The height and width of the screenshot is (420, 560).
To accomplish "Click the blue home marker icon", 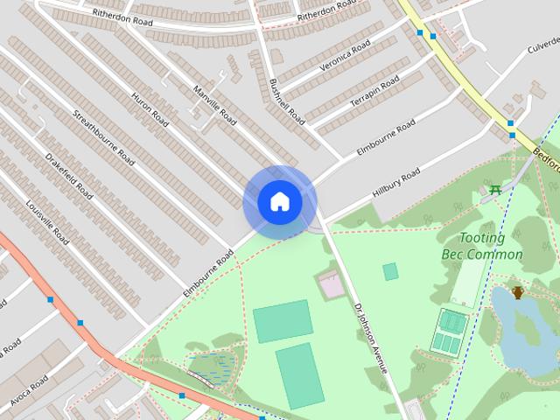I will point(279,202).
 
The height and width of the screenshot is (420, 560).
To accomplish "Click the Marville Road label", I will point(215,101).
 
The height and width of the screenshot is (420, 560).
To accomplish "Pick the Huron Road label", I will point(150,108).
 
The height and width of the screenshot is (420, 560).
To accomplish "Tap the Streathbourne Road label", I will point(103,137).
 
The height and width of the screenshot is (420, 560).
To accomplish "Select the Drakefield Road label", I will point(68,175).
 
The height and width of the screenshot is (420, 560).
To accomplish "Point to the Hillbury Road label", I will point(395,182).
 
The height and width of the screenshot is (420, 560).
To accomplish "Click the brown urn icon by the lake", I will point(518,292).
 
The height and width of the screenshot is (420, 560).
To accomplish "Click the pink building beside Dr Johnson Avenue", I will point(331,284).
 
